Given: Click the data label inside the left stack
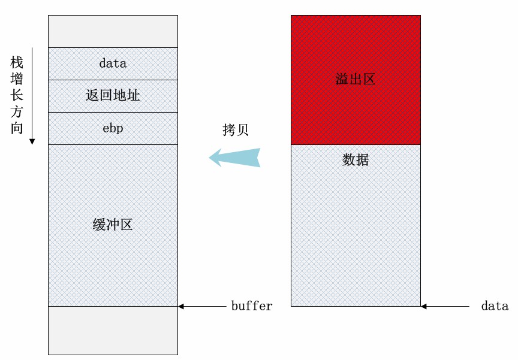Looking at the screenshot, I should [x=113, y=63].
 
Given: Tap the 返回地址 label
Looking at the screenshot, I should [x=113, y=95].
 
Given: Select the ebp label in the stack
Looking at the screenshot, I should [x=113, y=128].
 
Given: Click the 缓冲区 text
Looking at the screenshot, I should [x=113, y=225].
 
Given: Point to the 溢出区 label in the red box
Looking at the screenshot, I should [x=356, y=79].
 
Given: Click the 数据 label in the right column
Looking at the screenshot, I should [x=356, y=160].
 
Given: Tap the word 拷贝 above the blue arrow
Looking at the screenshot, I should [x=236, y=130].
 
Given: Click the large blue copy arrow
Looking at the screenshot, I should [x=235, y=158].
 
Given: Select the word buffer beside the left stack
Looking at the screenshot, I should [x=252, y=306].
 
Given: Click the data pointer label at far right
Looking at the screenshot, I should [x=495, y=306].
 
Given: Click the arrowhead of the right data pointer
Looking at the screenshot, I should [x=424, y=307].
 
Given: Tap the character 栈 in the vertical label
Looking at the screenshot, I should [x=17, y=62].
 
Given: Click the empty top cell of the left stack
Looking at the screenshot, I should [x=113, y=31].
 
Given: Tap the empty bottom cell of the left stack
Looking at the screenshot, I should [x=113, y=330].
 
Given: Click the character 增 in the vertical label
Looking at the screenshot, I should [x=17, y=78].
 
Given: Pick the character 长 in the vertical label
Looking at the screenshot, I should [x=17, y=95].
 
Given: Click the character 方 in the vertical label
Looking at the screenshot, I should [x=17, y=111].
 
